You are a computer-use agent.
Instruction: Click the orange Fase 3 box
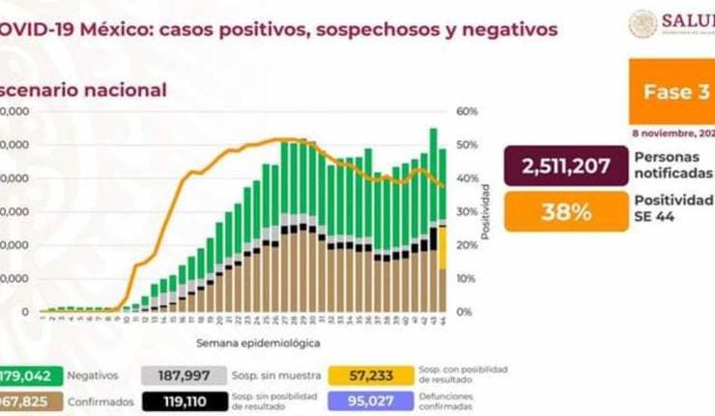click(x=672, y=92)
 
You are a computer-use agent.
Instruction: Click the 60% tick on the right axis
click(x=468, y=112)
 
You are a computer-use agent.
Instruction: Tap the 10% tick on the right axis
click(x=468, y=279)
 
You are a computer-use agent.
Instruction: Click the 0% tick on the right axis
click(x=466, y=312)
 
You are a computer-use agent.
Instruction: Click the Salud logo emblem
click(x=643, y=24)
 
